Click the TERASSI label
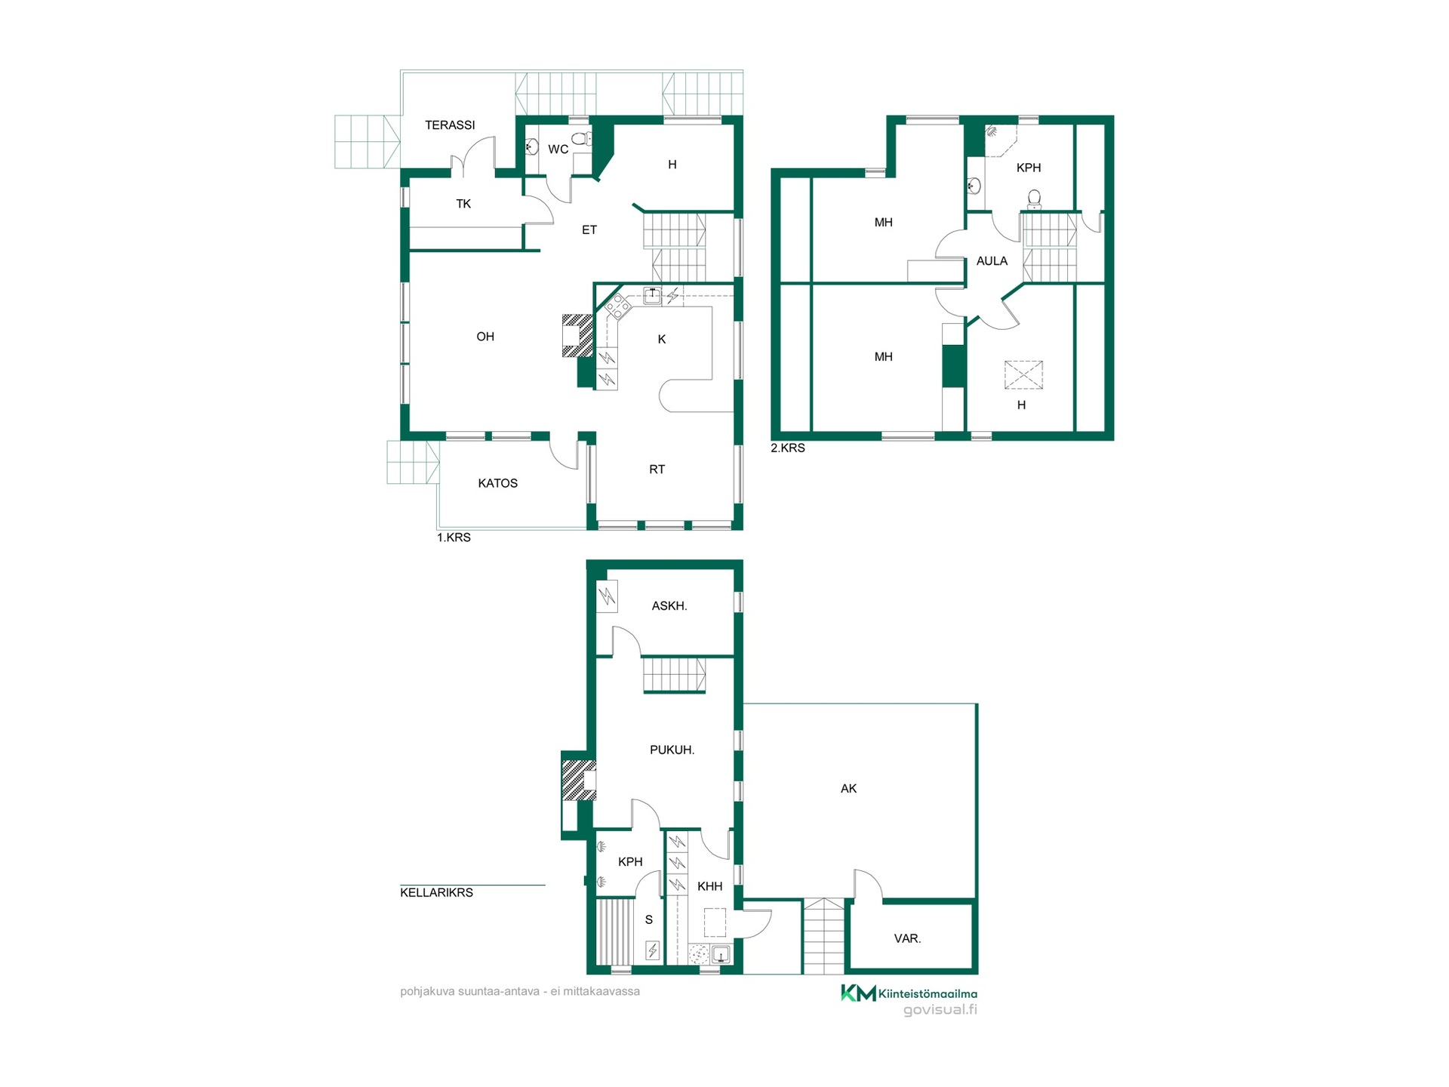(x=450, y=125)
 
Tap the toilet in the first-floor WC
(x=580, y=138)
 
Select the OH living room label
(x=485, y=337)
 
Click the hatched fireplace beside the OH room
(x=577, y=335)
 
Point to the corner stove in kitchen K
(x=617, y=306)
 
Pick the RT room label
(x=657, y=470)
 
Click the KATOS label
(x=497, y=483)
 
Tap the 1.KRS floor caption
(x=454, y=537)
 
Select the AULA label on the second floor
(x=992, y=261)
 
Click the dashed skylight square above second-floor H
(x=1023, y=375)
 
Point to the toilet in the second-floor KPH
(x=1034, y=199)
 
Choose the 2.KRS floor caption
(x=788, y=448)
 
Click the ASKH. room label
(x=669, y=605)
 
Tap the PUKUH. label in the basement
(x=672, y=750)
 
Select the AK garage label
(x=848, y=789)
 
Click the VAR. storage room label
(x=907, y=938)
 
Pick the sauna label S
(x=648, y=920)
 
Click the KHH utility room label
(x=709, y=886)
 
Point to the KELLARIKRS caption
(x=436, y=892)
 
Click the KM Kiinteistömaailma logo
(x=909, y=993)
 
